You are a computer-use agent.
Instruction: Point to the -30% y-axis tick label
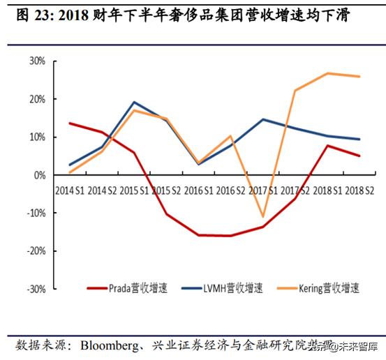pyautogui.click(x=36, y=288)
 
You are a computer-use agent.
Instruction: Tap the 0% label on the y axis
pyautogui.click(x=40, y=175)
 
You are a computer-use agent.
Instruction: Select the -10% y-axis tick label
pyautogui.click(x=36, y=213)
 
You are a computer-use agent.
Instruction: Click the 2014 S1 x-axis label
pyautogui.click(x=70, y=189)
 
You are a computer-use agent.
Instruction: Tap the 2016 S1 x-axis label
pyautogui.click(x=199, y=189)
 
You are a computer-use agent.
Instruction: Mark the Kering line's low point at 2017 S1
pyautogui.click(x=263, y=217)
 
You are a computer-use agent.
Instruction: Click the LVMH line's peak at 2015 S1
pyautogui.click(x=134, y=102)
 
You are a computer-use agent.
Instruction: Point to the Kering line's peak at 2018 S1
pyautogui.click(x=328, y=73)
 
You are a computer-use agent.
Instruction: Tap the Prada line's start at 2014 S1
pyautogui.click(x=70, y=123)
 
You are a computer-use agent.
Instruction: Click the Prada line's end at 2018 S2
pyautogui.click(x=360, y=156)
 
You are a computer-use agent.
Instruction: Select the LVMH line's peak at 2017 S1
pyautogui.click(x=263, y=119)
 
